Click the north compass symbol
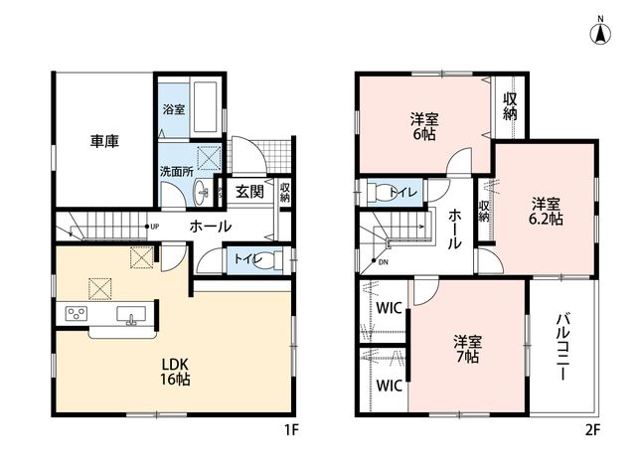600,32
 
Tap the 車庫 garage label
104,141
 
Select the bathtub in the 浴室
206,108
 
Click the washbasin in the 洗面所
201,192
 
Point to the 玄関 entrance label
249,192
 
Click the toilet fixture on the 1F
268,259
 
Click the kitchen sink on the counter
131,315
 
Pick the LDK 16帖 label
175,372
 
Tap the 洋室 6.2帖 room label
546,211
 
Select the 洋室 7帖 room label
467,349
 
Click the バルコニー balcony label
563,347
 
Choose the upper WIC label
389,308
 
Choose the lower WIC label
389,386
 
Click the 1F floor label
291,430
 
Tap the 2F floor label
592,430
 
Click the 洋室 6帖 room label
424,126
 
